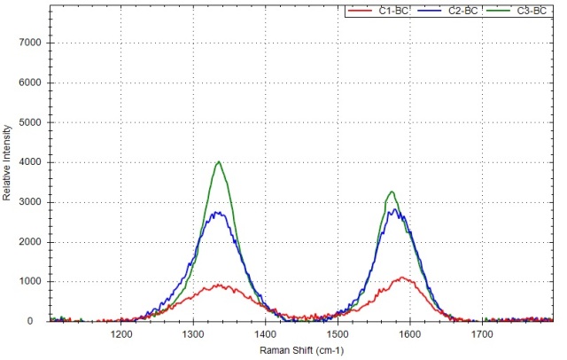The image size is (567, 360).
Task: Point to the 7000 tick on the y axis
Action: click(19, 43)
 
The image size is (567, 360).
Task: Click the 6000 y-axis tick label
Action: click(19, 83)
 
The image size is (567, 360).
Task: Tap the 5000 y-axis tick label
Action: click(19, 123)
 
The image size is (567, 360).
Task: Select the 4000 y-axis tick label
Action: click(19, 162)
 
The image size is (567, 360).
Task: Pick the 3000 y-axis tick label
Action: click(19, 202)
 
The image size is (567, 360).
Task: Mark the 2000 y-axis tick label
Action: click(19, 242)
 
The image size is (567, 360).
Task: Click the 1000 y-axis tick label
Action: click(19, 282)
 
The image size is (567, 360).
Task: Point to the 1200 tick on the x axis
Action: click(121, 334)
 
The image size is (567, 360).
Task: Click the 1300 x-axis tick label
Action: click(193, 334)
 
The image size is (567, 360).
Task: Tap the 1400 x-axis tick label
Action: click(265, 334)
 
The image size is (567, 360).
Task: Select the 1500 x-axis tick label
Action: click(338, 334)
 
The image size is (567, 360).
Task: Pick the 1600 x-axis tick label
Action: click(409, 334)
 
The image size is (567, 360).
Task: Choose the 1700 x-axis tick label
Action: click(481, 334)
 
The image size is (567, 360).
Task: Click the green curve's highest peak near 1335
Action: click(219, 161)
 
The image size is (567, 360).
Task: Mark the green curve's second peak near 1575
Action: click(392, 192)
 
